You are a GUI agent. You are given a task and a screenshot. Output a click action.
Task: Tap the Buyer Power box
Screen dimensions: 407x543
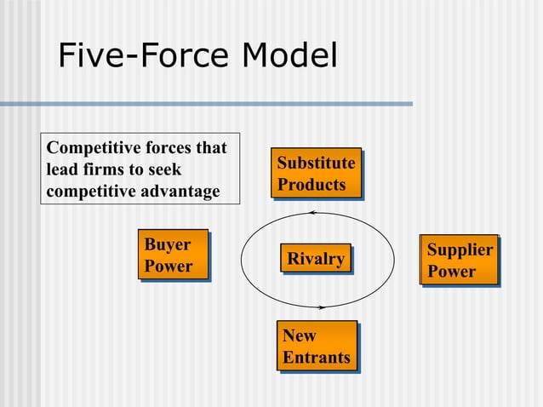click(x=174, y=255)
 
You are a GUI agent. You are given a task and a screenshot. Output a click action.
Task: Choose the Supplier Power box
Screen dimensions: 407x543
click(x=460, y=261)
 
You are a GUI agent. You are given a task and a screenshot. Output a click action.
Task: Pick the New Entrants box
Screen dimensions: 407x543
click(x=317, y=347)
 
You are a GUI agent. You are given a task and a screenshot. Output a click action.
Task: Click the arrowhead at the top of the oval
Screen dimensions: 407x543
click(x=312, y=212)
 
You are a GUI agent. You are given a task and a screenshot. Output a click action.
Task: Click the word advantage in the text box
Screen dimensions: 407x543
click(x=177, y=191)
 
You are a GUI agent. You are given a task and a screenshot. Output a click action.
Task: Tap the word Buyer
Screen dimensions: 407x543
click(x=168, y=244)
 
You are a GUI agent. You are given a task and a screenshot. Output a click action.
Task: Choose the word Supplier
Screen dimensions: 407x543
click(x=460, y=249)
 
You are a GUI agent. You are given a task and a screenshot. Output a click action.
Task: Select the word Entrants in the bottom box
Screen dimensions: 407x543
click(x=317, y=358)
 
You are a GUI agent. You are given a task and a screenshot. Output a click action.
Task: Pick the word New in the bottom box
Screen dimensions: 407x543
click(x=300, y=335)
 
